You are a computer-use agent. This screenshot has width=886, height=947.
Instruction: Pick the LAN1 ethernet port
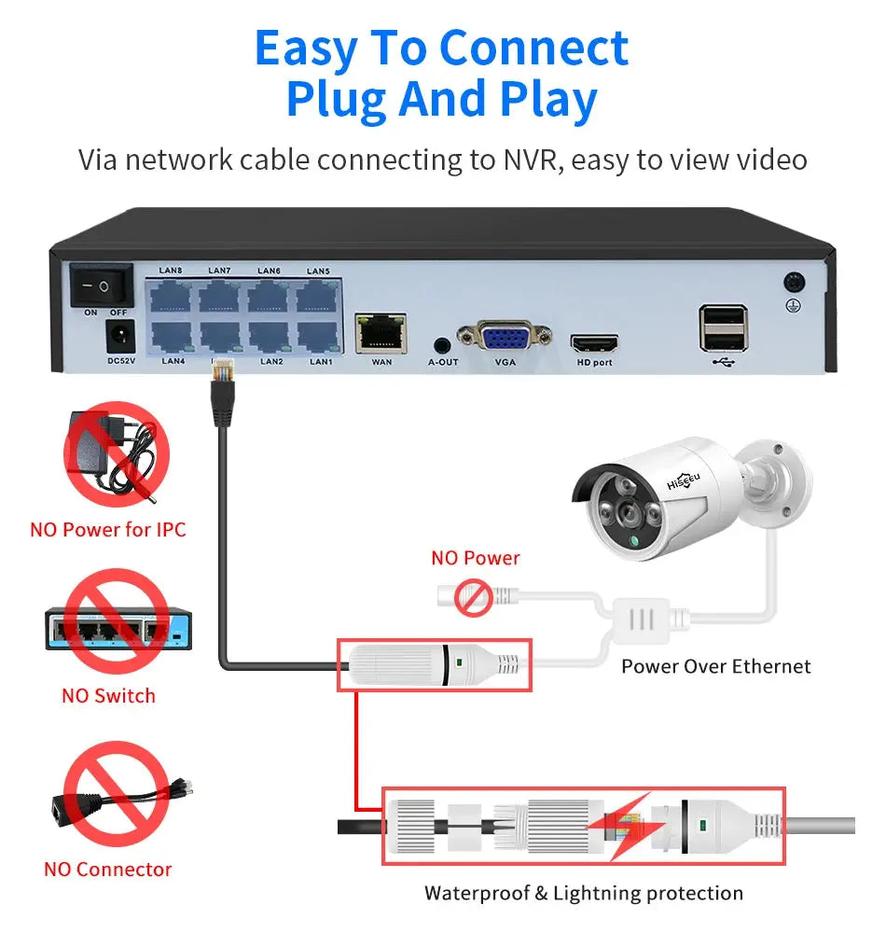pos(319,337)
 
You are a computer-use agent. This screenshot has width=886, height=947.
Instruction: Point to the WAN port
pos(381,333)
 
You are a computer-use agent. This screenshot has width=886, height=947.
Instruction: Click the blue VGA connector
pos(505,337)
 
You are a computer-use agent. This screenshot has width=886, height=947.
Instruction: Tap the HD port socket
pos(595,341)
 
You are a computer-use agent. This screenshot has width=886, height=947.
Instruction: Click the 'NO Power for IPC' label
pos(108,530)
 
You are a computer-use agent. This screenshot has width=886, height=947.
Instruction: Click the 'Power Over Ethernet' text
pos(715,666)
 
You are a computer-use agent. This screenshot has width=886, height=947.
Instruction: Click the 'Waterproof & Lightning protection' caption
pos(584,893)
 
